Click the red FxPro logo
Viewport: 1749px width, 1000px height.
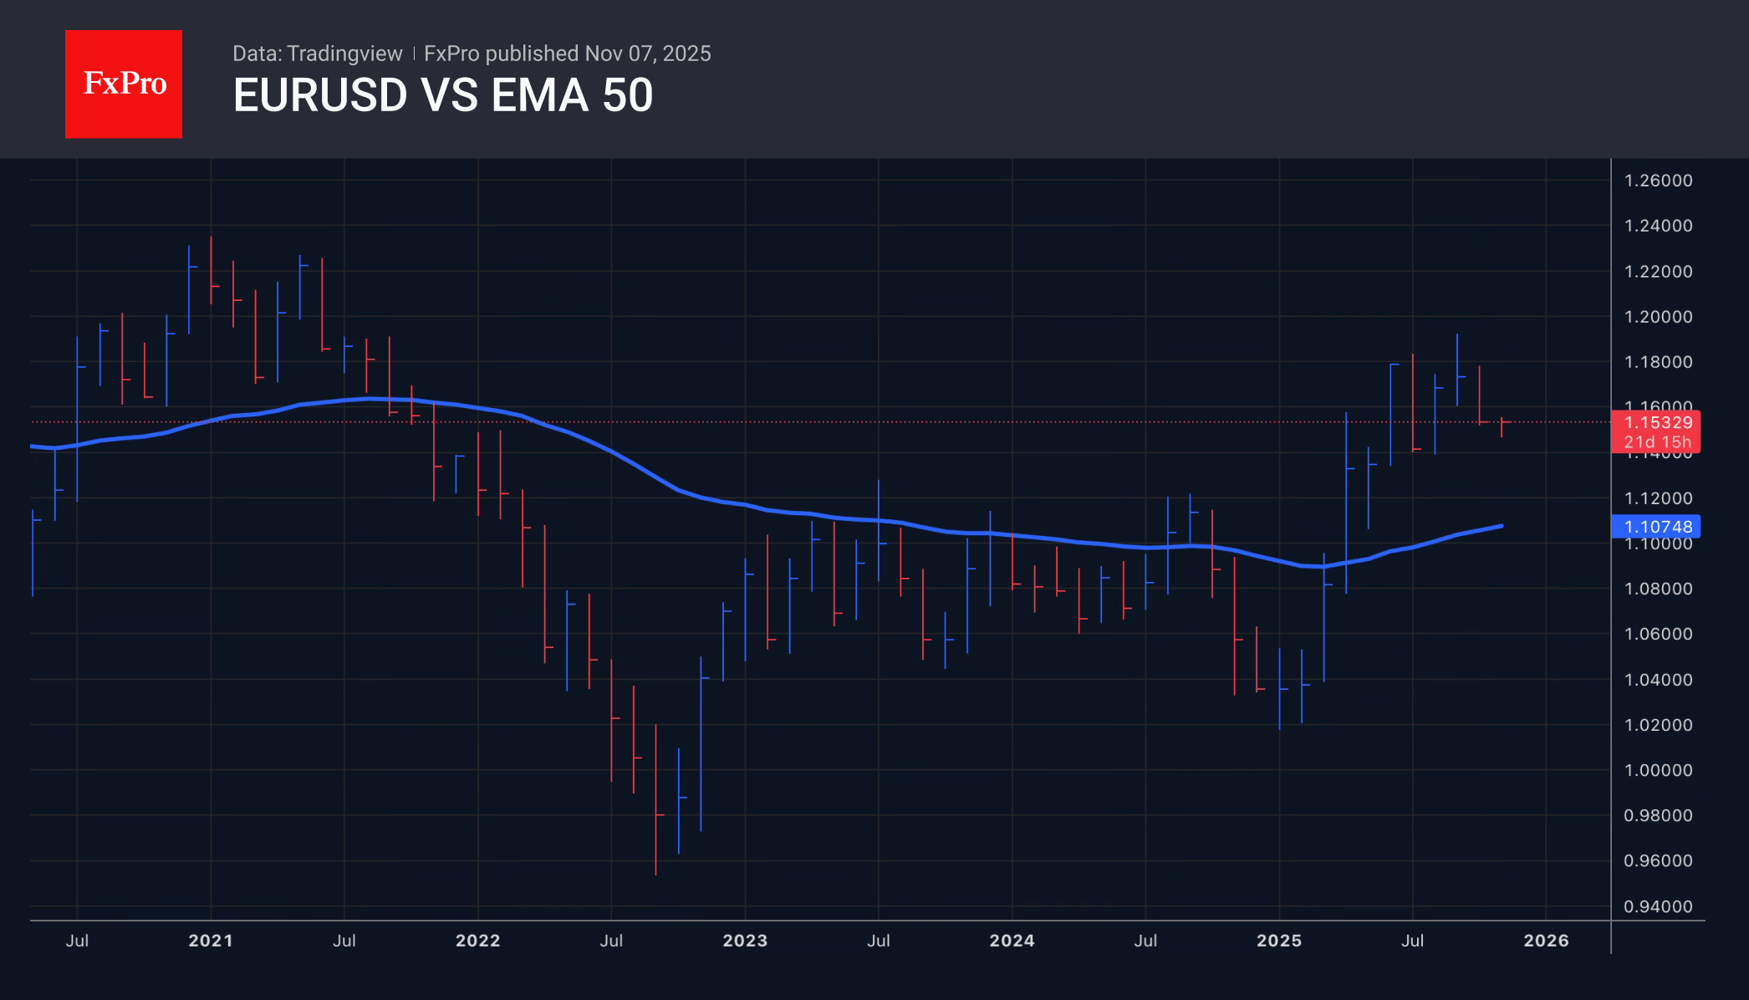click(124, 84)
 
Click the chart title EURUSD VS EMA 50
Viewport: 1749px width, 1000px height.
click(442, 95)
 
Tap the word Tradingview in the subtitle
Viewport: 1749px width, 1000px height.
click(344, 54)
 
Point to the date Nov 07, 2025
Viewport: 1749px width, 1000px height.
click(648, 54)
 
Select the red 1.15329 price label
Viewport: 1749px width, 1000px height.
click(1657, 423)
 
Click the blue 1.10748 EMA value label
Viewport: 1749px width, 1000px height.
click(1657, 527)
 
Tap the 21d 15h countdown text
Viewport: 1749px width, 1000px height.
click(1657, 442)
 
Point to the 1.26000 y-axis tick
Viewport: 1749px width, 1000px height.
click(1657, 181)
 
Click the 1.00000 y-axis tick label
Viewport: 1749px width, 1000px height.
click(1657, 770)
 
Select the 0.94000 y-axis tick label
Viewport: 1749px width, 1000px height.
click(1657, 906)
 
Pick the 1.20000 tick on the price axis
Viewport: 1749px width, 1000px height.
click(1657, 317)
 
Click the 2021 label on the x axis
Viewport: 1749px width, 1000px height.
click(211, 941)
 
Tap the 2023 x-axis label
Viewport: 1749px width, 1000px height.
click(745, 941)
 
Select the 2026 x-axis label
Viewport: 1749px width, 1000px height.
click(1546, 941)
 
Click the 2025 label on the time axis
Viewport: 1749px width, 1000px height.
click(1279, 941)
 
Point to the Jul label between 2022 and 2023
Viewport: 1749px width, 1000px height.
click(611, 941)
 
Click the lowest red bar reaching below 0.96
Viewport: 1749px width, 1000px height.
click(655, 803)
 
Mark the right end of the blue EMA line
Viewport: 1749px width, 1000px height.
click(1502, 526)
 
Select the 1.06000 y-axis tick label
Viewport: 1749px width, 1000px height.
click(1657, 634)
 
